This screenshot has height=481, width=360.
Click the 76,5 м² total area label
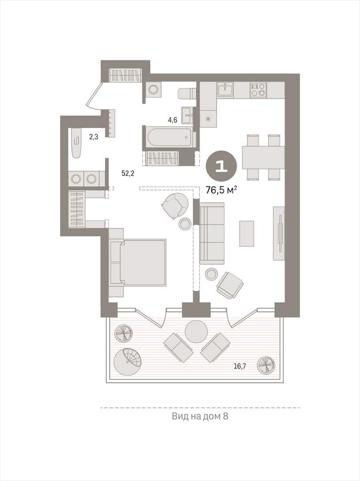pyautogui.click(x=221, y=190)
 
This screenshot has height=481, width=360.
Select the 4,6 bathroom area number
pyautogui.click(x=172, y=120)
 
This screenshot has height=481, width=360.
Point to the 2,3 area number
pyautogui.click(x=94, y=137)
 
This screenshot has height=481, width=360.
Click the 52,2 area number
pyautogui.click(x=128, y=173)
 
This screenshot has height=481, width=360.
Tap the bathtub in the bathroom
pyautogui.click(x=170, y=138)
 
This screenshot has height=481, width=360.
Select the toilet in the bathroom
pyautogui.click(x=186, y=93)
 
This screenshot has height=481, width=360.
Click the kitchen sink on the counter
pyautogui.click(x=225, y=90)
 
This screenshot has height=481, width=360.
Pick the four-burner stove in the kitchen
pyautogui.click(x=257, y=90)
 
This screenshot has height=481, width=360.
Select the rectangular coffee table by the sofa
pyautogui.click(x=246, y=233)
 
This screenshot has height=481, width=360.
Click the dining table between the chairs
pyautogui.click(x=263, y=157)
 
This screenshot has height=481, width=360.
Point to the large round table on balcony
pyautogui.click(x=197, y=332)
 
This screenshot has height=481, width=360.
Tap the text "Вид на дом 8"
pyautogui.click(x=200, y=417)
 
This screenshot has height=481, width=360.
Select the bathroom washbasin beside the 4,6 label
pyautogui.click(x=187, y=116)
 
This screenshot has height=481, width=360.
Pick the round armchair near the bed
pyautogui.click(x=175, y=205)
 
